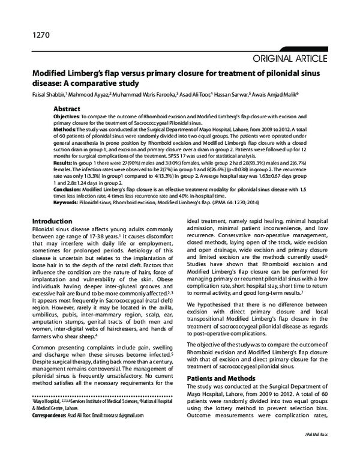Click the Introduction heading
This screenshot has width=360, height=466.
coord(52,221)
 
